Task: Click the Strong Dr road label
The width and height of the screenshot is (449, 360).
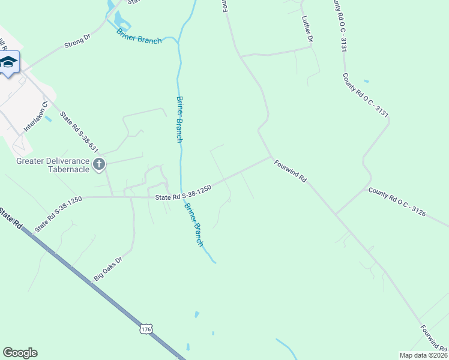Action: (78, 41)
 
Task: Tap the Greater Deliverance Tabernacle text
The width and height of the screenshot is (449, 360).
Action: (53, 165)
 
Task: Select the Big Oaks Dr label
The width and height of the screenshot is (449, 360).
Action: (108, 269)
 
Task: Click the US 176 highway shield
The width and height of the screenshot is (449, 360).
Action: (146, 329)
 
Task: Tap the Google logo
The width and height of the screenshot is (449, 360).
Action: (20, 353)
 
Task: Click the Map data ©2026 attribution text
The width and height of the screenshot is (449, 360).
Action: (423, 355)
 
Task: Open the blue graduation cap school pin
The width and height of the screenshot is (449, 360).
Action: (8, 63)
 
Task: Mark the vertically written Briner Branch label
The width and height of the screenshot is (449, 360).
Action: (179, 119)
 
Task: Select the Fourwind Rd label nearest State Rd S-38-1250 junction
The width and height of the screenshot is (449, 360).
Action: (291, 171)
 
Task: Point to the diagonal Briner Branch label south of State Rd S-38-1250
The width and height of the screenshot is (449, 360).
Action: (194, 226)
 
